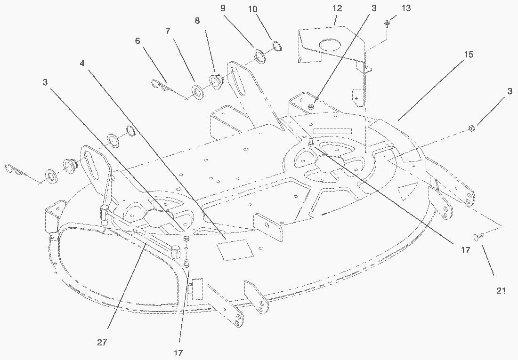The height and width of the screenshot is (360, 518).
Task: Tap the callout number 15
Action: tap(469, 55)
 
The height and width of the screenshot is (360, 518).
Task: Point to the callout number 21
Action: tap(501, 291)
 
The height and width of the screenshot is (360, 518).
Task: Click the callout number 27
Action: tap(102, 343)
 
